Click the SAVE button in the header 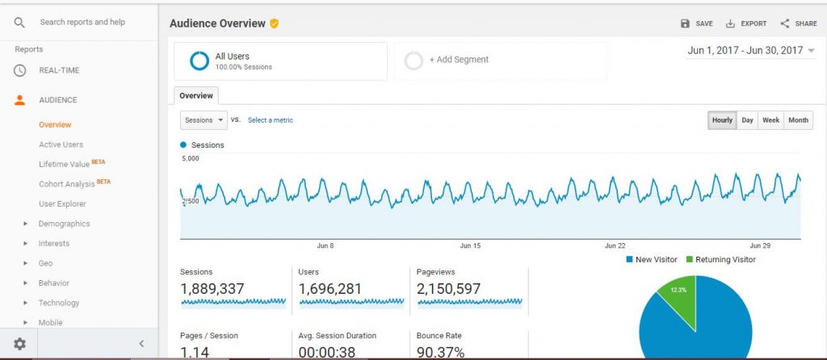[x=696, y=23]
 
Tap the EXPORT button [x=745, y=23]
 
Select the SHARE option [x=799, y=23]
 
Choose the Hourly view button [x=722, y=120]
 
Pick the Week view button [x=770, y=120]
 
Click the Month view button [x=798, y=120]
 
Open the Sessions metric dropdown [x=204, y=120]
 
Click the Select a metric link [x=270, y=120]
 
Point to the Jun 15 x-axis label [x=470, y=245]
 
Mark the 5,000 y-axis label [x=190, y=158]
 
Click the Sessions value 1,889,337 [x=212, y=289]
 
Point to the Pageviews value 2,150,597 [x=448, y=289]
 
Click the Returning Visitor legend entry [x=721, y=259]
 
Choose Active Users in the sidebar [x=61, y=144]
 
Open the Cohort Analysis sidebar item [x=66, y=184]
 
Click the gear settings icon [x=19, y=344]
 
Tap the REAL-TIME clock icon [x=19, y=71]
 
